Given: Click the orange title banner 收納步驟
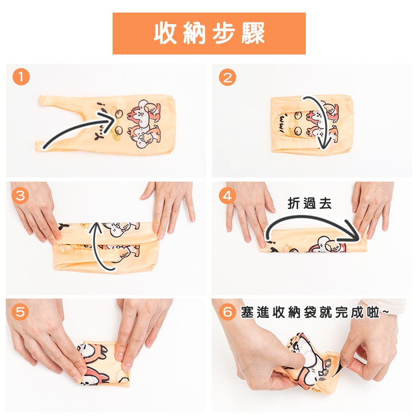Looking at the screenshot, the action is [x=209, y=34].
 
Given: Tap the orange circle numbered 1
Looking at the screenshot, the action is [x=21, y=77].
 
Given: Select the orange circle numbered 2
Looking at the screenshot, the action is [x=227, y=77].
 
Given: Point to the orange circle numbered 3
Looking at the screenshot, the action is [x=20, y=195].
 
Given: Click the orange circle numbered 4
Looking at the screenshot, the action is [x=227, y=195].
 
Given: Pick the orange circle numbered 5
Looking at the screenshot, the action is [x=20, y=312].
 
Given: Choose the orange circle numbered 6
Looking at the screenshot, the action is [x=227, y=312].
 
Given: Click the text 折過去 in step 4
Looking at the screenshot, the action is [x=310, y=203].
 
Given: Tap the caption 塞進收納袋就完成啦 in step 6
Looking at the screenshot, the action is [x=310, y=312].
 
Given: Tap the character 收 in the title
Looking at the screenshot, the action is [x=165, y=34].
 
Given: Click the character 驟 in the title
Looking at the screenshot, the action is [x=253, y=34].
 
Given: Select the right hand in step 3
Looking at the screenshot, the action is [x=170, y=208].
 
